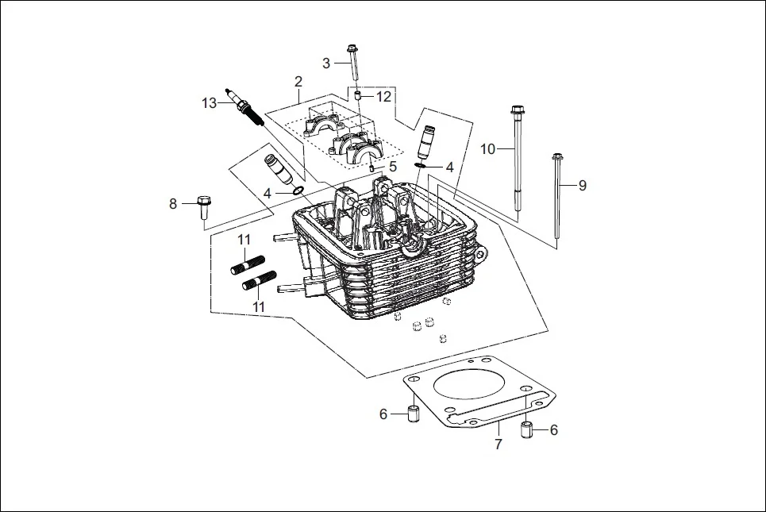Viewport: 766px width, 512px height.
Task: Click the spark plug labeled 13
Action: (x=244, y=108)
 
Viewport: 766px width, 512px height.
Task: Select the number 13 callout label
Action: (x=209, y=103)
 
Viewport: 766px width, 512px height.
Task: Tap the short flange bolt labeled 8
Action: (x=202, y=206)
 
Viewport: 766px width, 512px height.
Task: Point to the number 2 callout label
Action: (x=298, y=82)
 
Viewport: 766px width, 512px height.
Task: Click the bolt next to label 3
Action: (x=353, y=64)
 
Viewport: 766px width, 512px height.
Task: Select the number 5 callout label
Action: (x=392, y=167)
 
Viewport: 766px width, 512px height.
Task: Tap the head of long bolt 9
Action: (x=556, y=156)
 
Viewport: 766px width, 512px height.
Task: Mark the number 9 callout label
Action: (x=582, y=185)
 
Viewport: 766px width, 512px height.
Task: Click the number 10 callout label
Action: (x=487, y=148)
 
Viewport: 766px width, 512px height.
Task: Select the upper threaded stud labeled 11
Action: (x=248, y=264)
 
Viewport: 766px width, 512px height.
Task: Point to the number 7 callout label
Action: (x=498, y=445)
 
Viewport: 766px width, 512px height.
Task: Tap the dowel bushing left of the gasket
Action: (x=413, y=414)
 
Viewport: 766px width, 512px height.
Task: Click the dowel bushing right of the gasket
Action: (x=525, y=431)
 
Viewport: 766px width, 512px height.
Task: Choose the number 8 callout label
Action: (x=173, y=204)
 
